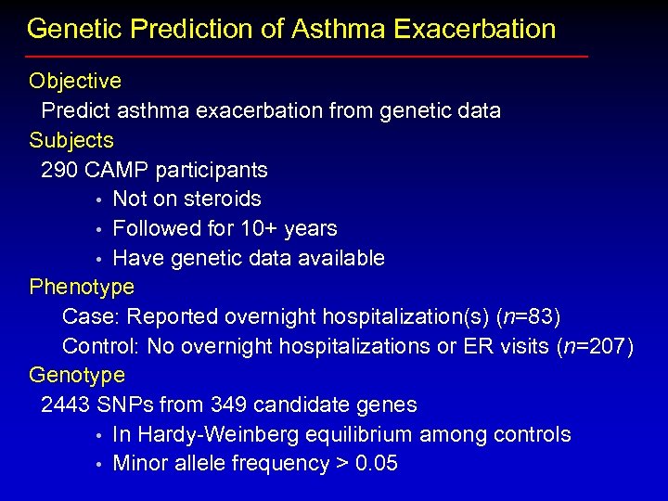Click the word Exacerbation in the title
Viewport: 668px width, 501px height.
474,29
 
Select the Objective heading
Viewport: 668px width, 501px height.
75,82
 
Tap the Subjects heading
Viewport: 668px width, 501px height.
71,141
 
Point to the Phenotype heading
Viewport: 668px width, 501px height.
82,287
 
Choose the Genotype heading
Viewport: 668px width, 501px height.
77,376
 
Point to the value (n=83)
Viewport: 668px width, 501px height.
529,317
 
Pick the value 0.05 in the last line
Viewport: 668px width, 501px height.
377,464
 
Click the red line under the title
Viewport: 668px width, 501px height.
307,57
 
